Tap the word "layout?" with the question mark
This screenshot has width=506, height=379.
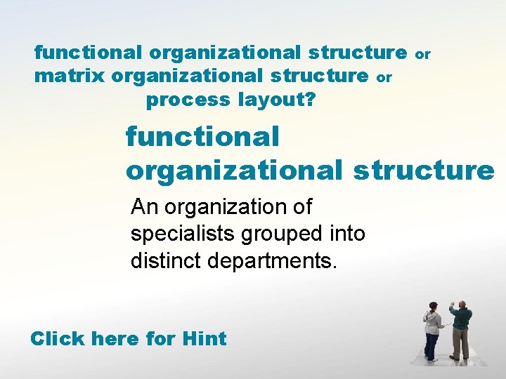pos(277,100)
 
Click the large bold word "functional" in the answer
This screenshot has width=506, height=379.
pos(202,136)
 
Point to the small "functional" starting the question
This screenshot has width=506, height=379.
pos(89,52)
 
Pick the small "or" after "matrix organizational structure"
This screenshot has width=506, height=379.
pos(384,77)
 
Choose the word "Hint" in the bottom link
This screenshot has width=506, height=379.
pos(204,338)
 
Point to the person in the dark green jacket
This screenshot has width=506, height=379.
pos(460,330)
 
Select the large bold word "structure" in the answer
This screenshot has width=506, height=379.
pos(424,170)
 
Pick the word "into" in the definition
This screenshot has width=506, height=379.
pos(345,234)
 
